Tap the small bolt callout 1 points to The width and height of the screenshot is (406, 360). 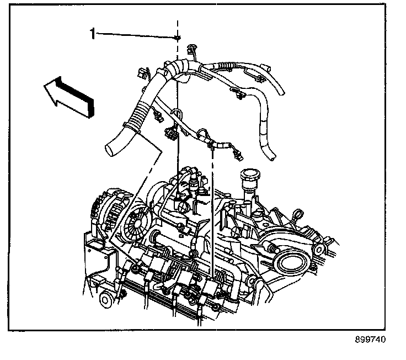click(178, 38)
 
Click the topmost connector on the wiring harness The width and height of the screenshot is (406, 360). click(193, 48)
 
